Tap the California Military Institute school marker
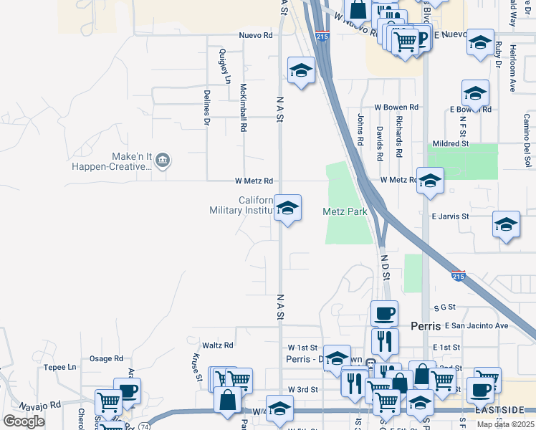click(x=287, y=209)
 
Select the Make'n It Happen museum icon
click(x=163, y=159)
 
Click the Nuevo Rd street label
click(x=256, y=35)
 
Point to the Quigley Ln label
click(x=224, y=65)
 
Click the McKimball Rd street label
click(x=244, y=107)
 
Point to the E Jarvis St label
click(x=449, y=216)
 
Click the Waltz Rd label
click(x=218, y=345)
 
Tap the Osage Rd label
click(x=106, y=358)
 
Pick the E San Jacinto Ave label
click(x=476, y=325)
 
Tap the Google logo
click(x=24, y=421)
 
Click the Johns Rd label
click(x=360, y=122)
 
